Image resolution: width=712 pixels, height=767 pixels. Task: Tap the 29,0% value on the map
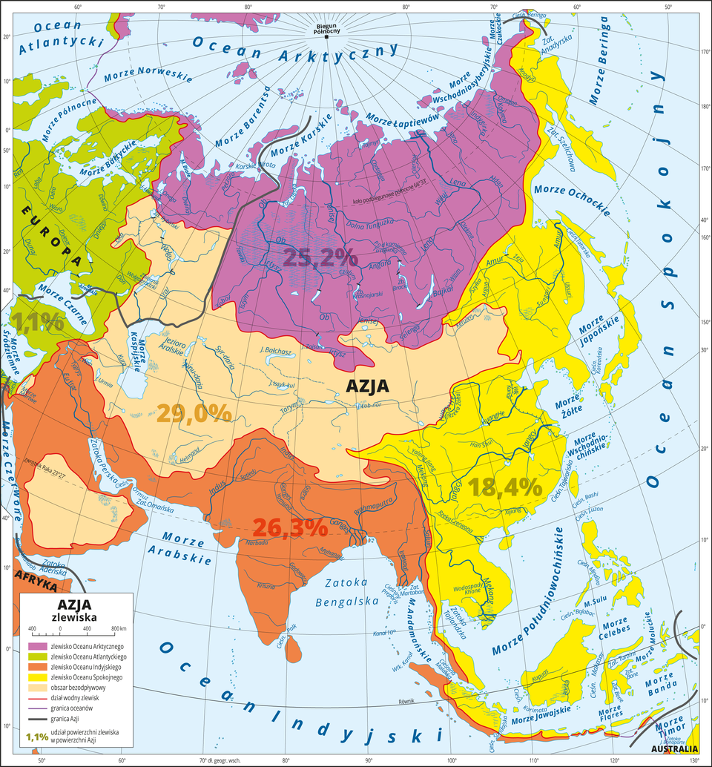coord(196,414)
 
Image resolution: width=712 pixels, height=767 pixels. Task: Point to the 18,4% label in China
coord(505,487)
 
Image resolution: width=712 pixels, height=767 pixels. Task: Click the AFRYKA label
coord(36,585)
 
